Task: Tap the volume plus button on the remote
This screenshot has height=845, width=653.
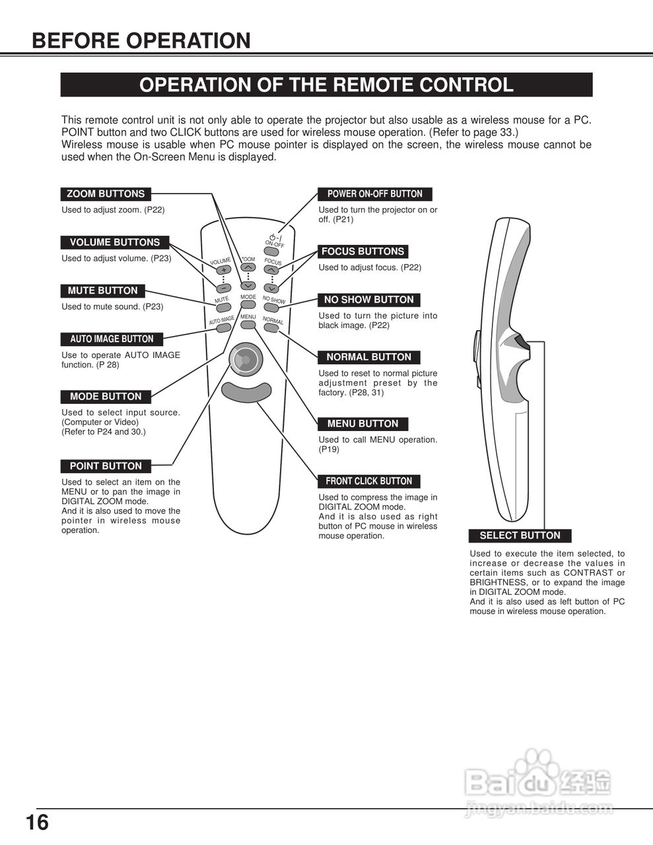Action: tap(224, 270)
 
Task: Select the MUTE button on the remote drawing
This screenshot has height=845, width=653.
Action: tap(223, 307)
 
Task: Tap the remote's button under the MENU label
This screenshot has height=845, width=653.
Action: tap(248, 324)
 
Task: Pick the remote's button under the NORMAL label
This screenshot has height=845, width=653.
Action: tap(271, 327)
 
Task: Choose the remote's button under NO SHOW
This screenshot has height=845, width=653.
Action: tap(271, 308)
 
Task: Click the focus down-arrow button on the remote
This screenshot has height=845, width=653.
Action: tap(271, 288)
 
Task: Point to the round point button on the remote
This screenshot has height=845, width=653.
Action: tap(244, 360)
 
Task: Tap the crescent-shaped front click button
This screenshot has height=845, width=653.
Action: tap(246, 391)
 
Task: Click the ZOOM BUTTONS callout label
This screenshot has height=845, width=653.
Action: tap(106, 194)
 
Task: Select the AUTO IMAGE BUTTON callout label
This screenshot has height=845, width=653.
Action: tap(112, 339)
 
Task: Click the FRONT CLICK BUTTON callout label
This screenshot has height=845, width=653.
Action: tap(368, 481)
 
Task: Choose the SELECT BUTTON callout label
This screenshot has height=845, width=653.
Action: tap(520, 535)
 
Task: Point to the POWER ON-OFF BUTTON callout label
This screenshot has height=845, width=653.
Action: tap(374, 194)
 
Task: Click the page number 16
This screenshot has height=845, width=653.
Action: tap(38, 823)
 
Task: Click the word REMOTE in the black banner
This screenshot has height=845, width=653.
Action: tap(372, 85)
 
